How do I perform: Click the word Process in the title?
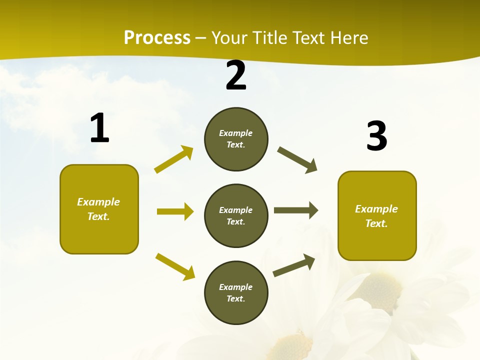point(157,38)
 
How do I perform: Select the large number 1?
point(99,128)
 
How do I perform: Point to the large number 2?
point(236,76)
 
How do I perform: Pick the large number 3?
point(376,136)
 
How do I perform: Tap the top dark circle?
point(236,139)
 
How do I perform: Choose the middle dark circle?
point(236,215)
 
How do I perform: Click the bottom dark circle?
point(236,292)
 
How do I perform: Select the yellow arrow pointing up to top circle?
point(173,159)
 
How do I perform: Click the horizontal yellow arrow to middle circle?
point(175,211)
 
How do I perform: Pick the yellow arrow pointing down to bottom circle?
point(175,266)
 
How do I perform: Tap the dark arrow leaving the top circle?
point(297,160)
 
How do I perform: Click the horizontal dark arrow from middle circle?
point(296,210)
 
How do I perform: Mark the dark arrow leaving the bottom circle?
point(294,265)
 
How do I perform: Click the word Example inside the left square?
point(98,202)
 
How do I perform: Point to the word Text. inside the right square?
point(376,223)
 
